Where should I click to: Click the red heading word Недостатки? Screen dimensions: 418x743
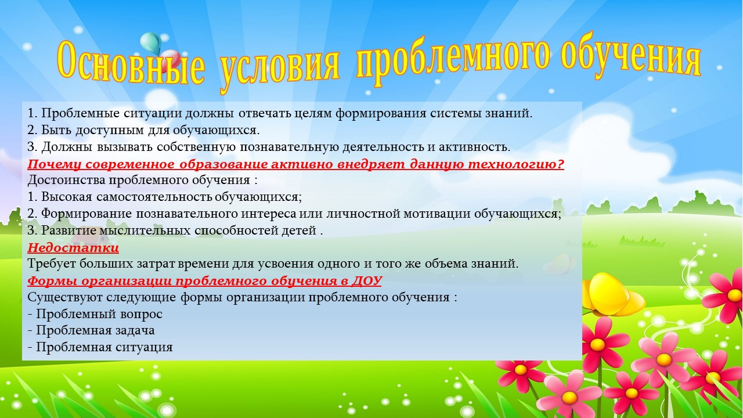(x=73, y=248)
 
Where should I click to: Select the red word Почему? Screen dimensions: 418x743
(x=55, y=164)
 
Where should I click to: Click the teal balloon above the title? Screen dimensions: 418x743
(x=150, y=42)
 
